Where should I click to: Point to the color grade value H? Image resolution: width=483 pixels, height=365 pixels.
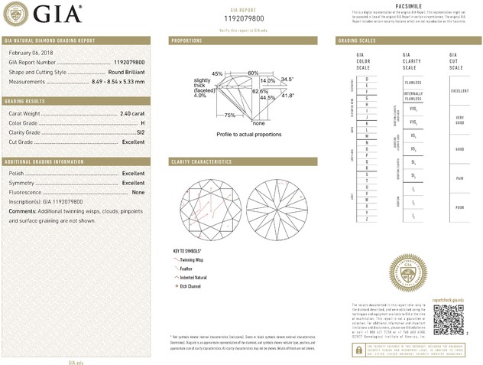[142, 122]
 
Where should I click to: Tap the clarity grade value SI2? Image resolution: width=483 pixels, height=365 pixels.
[140, 132]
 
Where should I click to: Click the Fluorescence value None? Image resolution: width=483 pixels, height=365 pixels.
[138, 192]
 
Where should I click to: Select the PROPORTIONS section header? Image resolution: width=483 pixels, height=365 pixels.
[186, 40]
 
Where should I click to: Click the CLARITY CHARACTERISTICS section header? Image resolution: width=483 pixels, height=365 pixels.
[201, 162]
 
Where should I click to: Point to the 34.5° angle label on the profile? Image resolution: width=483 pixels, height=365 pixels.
[287, 80]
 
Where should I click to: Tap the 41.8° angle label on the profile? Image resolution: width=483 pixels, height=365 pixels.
[287, 95]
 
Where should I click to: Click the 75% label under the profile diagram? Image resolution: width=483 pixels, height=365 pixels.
[229, 115]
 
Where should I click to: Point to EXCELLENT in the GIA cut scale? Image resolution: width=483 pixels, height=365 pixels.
[459, 90]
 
